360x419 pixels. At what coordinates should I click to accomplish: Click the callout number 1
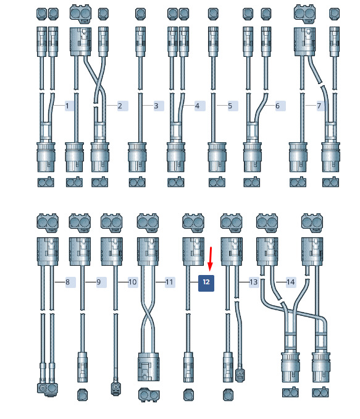point(67,106)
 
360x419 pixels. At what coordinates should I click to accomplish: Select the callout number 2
point(120,106)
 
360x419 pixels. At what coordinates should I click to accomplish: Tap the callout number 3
point(156,106)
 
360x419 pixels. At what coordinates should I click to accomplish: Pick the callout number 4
point(197,106)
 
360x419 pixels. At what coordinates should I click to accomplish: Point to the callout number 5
point(230,106)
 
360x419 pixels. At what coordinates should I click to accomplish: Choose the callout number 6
point(277,106)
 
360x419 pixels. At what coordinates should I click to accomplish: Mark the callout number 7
point(319,106)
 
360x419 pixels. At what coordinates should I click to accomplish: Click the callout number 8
point(67,282)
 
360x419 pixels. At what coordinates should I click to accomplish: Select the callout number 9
point(99,282)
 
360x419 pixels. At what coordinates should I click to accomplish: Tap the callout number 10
point(133,282)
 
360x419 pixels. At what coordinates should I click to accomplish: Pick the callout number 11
point(169,282)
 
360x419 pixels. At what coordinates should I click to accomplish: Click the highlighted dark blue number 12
point(206,282)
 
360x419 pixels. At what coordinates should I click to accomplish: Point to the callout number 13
point(253,282)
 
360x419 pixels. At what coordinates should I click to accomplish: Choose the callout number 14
point(290,282)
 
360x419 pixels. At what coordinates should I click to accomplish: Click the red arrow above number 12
point(211,259)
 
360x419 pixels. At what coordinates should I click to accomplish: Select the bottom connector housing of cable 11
point(148,366)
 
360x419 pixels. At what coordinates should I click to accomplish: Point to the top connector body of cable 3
point(140,41)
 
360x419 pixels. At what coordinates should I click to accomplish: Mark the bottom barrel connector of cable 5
point(217,158)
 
